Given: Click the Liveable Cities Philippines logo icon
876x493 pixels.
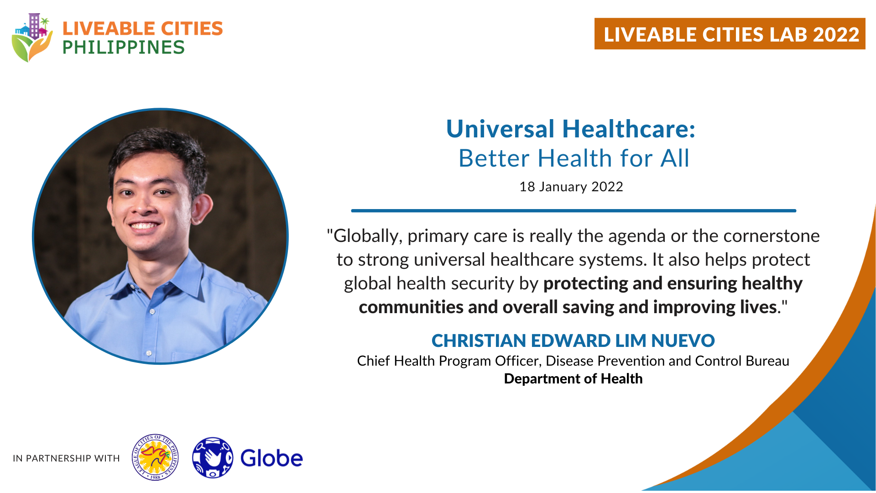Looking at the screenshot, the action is coord(32,37).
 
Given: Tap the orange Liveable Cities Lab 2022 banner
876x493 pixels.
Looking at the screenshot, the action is coord(730,34).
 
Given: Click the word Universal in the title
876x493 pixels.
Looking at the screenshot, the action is coord(500,129).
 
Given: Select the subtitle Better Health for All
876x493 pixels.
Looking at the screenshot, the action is coord(574,158).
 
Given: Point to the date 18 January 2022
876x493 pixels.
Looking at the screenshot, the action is coord(571,187).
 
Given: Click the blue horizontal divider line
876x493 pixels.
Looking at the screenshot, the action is coord(574,210).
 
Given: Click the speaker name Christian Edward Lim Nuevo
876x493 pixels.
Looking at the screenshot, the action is coord(573,341).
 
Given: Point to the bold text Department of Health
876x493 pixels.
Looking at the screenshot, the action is coord(573,379).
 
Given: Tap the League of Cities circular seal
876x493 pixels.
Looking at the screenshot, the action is coord(155,457).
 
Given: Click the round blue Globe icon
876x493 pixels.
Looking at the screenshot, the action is coord(213,457).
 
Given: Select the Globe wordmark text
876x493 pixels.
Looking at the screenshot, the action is coord(271,458).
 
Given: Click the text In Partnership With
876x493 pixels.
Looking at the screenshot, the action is coord(66,458).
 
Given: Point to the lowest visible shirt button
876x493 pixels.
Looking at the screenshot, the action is coord(149,353).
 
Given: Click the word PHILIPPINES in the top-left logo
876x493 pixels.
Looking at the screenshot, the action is coord(124,47).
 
